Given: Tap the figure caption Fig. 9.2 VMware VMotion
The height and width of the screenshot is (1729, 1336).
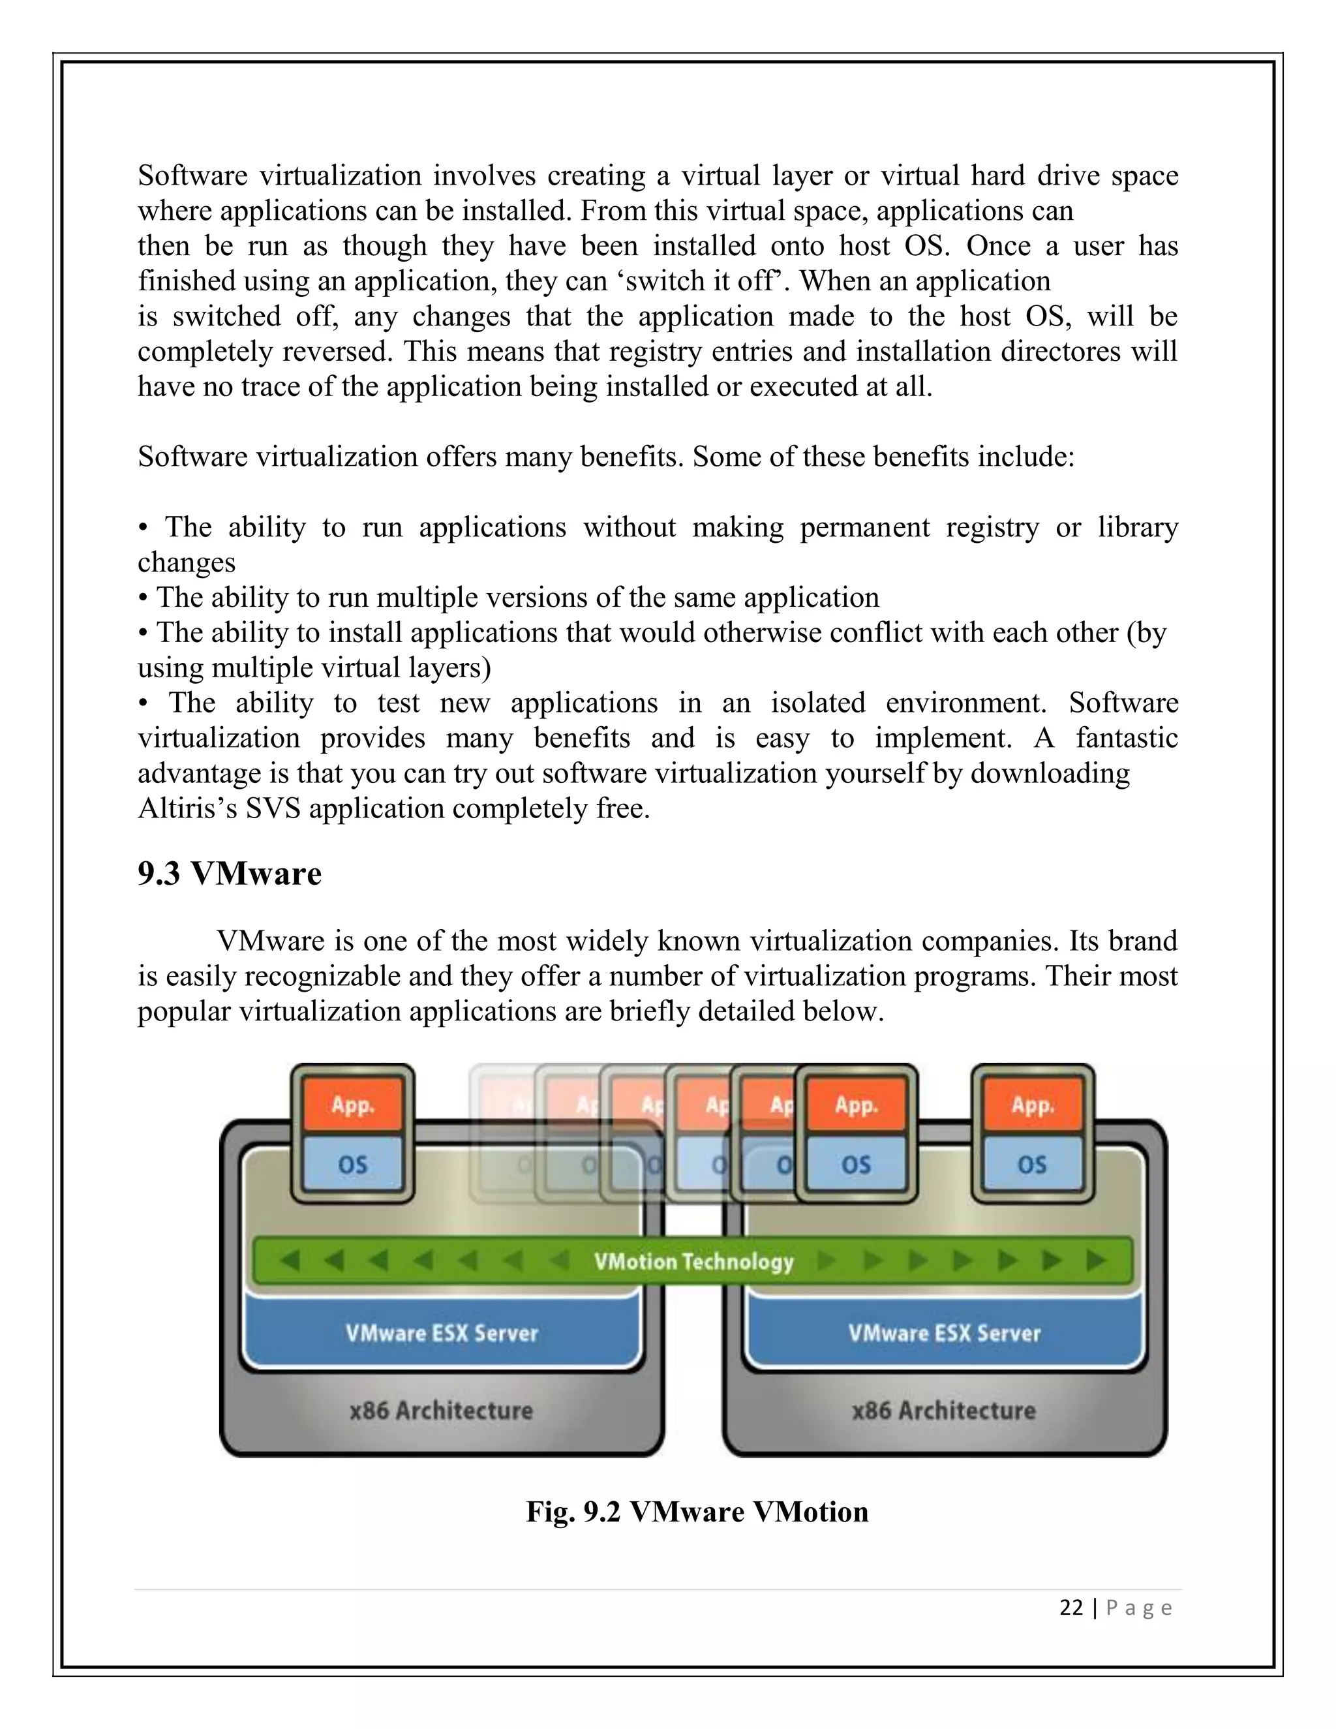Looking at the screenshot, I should click(697, 1511).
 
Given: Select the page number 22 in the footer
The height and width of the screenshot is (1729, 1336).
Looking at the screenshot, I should click(1071, 1608).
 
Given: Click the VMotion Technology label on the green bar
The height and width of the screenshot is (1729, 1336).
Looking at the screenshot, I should click(693, 1261).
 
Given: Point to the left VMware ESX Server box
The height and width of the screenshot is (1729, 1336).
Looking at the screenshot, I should click(442, 1333).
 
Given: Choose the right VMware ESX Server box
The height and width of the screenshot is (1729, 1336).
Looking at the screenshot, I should click(944, 1333).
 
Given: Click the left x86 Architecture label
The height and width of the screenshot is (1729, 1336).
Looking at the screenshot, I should click(442, 1410).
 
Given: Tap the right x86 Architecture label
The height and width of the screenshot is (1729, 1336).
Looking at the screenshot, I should click(943, 1410).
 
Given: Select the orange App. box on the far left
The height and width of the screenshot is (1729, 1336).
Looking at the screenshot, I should click(352, 1105).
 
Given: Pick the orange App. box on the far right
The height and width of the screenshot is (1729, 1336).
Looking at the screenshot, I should click(1032, 1105).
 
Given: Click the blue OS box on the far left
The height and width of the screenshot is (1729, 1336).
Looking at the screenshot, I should click(352, 1165).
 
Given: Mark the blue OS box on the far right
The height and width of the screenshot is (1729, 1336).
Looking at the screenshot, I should click(1032, 1165).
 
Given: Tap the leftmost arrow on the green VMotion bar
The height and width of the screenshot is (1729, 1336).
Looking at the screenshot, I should click(290, 1261).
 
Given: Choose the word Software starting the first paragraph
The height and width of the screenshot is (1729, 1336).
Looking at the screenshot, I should click(192, 176).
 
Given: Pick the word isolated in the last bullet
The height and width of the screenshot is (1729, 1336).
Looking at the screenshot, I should click(817, 703).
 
